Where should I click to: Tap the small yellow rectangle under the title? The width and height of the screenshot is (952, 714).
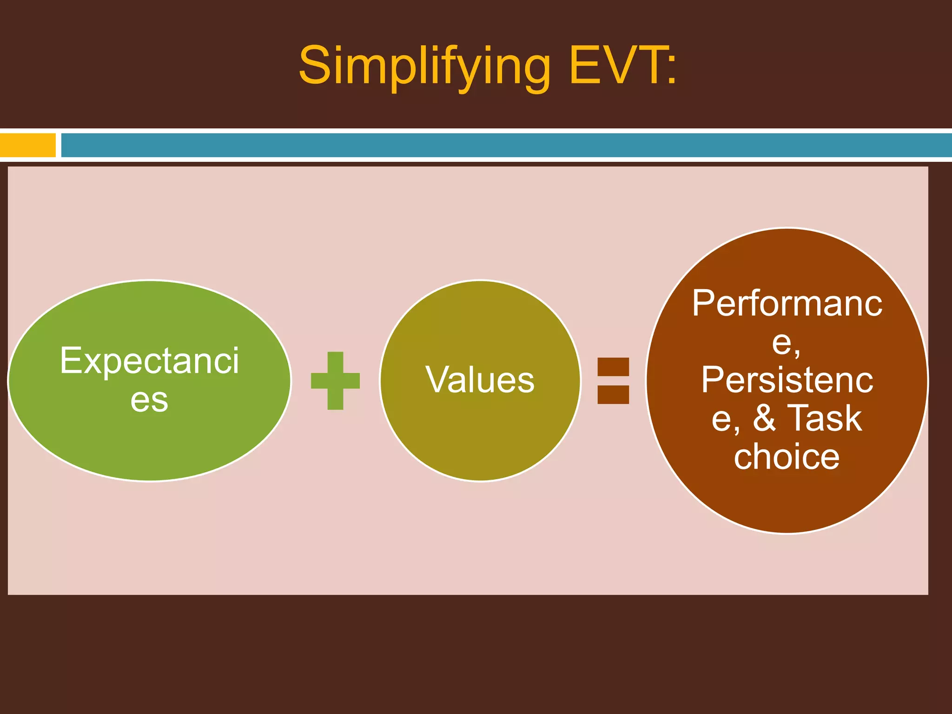27,145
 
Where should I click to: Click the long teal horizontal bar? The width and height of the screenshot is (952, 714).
506,145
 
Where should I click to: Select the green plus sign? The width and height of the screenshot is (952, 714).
335,381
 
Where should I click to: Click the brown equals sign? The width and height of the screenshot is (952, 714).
613,380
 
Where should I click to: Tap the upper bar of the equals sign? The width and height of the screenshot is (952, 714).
613,367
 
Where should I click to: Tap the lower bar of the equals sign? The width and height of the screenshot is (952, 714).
613,394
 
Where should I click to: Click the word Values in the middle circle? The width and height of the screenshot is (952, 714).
480,380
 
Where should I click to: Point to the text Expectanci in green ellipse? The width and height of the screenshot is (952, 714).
149,361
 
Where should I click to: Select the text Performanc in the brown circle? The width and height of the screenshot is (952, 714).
787,304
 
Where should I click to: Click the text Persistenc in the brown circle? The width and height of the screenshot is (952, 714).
787,380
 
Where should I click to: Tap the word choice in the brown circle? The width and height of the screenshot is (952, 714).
787,456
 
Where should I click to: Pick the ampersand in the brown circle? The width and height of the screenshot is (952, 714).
764,418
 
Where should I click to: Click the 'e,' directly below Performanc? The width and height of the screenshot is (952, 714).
787,343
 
